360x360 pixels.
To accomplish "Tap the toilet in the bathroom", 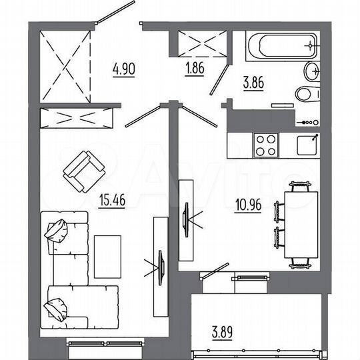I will pyautogui.click(x=307, y=93).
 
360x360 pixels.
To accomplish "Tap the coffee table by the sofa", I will pyautogui.click(x=107, y=255).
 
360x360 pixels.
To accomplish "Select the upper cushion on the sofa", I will pyautogui.click(x=57, y=230).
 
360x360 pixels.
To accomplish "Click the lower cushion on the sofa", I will pyautogui.click(x=55, y=309).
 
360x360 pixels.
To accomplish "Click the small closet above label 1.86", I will pyautogui.click(x=203, y=43).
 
